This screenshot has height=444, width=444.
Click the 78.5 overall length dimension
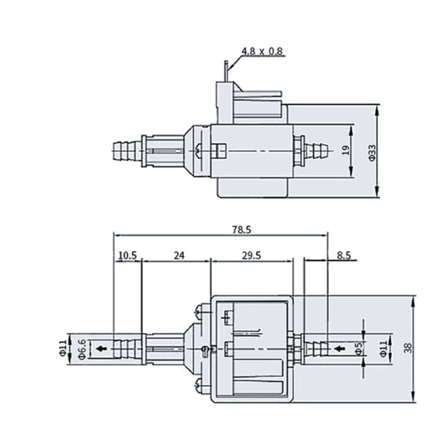[x=241, y=230]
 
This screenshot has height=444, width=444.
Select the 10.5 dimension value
[x=128, y=256]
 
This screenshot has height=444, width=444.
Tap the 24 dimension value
[x=179, y=256]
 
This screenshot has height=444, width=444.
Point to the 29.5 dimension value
[x=251, y=256]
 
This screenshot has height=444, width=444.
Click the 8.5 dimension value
[x=344, y=256]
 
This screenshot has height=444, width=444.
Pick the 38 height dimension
[x=408, y=348]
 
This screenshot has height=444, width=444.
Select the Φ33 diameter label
[x=372, y=153]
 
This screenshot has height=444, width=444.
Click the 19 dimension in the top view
[x=346, y=150]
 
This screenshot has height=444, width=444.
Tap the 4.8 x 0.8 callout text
[x=262, y=52]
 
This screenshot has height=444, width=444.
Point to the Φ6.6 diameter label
[x=82, y=349]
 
